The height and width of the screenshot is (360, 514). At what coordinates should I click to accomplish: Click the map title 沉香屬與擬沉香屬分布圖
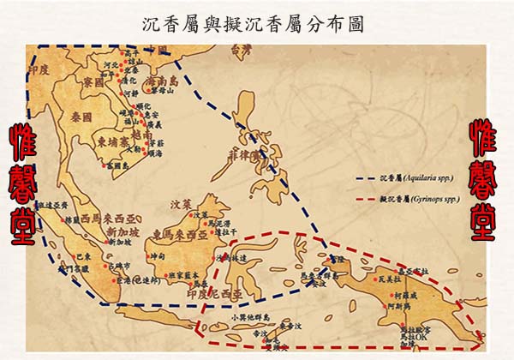254,23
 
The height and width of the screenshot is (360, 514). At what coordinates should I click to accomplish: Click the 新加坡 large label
123,231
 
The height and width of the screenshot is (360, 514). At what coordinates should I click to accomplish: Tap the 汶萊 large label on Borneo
181,205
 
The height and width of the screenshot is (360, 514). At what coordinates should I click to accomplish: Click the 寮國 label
93,83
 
